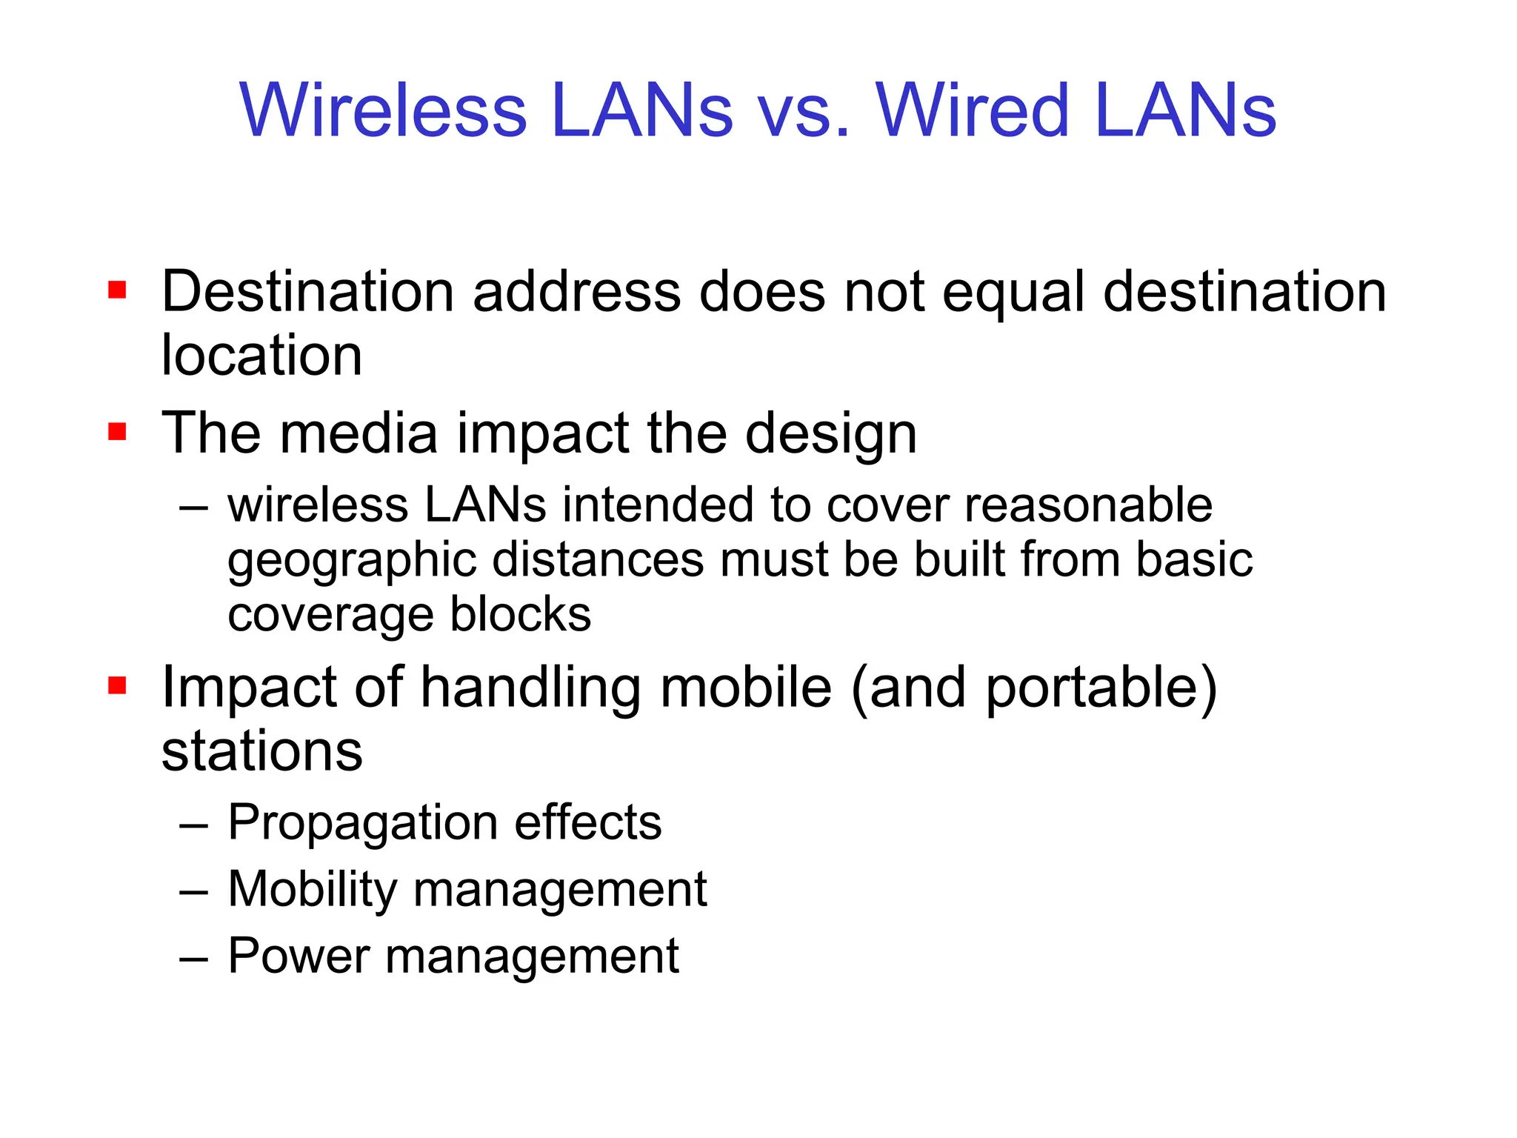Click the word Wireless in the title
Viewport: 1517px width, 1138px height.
[x=382, y=111]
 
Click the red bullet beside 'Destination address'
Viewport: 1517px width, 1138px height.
[x=117, y=289]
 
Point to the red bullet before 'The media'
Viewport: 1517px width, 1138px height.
[x=117, y=431]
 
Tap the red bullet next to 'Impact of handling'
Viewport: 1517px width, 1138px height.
[x=117, y=685]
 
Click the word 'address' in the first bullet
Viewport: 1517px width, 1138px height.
[x=576, y=292]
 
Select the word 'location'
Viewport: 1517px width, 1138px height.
[x=261, y=356]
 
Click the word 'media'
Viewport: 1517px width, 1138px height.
[x=359, y=433]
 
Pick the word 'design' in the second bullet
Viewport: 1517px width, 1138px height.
[x=830, y=435]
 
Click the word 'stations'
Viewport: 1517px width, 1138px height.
[x=261, y=751]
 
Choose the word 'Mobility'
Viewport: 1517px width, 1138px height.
[x=312, y=890]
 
